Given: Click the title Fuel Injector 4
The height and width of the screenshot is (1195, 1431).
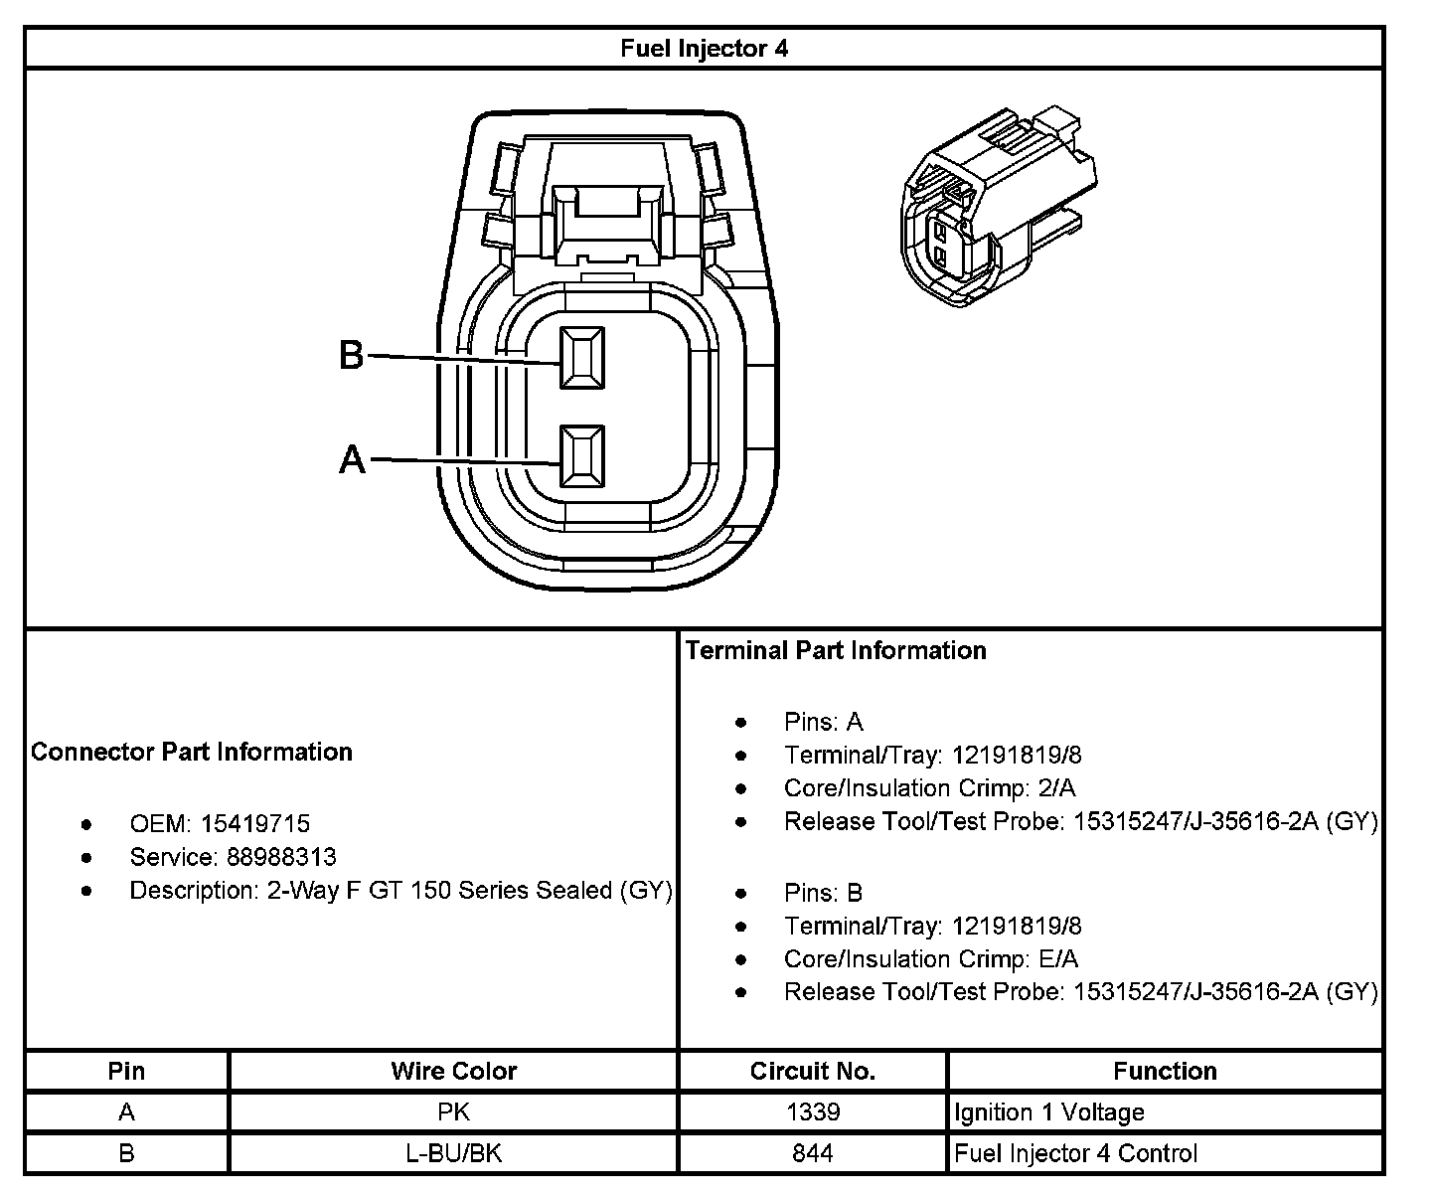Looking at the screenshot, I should (704, 49).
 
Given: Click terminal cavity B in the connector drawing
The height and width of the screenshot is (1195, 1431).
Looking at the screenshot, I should (581, 357).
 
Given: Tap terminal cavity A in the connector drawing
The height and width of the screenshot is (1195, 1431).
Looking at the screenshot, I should (581, 456).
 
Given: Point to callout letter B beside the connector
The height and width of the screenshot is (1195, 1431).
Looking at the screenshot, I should (352, 355).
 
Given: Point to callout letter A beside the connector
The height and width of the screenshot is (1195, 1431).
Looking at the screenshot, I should (352, 460).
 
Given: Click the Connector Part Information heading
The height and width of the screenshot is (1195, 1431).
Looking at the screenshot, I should (192, 752).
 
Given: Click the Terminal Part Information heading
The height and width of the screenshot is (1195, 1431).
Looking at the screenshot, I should (836, 650).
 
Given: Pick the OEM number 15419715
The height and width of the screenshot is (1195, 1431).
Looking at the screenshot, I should (255, 824).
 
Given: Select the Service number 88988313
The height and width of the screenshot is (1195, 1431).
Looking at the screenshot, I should (281, 857).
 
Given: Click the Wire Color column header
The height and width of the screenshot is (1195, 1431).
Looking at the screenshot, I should (453, 1071).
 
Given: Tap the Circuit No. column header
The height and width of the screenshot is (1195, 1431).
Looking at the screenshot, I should (812, 1071).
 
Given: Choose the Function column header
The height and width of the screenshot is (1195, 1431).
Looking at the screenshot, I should (1165, 1071).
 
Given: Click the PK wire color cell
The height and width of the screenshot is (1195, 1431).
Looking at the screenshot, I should (453, 1112).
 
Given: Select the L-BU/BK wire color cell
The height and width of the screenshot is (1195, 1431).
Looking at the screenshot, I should (453, 1153).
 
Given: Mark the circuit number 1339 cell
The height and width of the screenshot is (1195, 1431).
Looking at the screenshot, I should (812, 1112).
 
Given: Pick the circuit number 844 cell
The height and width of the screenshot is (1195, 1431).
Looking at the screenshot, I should (812, 1153).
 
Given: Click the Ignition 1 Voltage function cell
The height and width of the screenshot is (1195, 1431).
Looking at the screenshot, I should (1049, 1112).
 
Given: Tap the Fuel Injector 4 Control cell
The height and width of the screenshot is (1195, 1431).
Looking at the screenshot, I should (1075, 1153).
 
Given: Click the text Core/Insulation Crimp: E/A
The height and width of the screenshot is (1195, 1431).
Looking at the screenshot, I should (930, 959).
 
